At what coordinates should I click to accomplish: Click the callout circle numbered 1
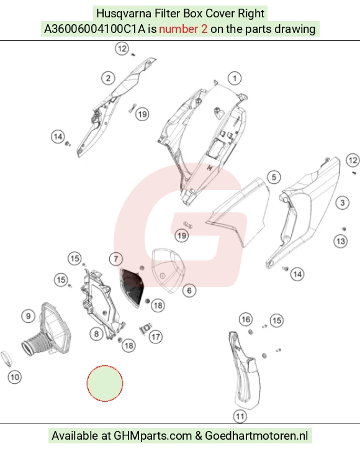[235, 78]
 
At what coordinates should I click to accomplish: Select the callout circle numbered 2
[108, 78]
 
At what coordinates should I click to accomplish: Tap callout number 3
[342, 202]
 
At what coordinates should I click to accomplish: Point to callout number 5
[274, 177]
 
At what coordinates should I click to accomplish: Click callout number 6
[189, 291]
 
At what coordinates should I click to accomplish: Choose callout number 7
[116, 259]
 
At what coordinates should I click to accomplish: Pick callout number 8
[96, 333]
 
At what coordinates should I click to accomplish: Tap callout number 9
[29, 316]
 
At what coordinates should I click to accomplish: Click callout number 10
[15, 377]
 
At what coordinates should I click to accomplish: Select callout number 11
[240, 416]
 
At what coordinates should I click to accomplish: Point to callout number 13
[341, 241]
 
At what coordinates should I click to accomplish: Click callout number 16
[246, 319]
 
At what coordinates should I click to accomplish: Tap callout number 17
[156, 337]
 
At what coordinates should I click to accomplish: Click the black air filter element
[132, 287]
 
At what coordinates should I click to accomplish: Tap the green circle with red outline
[105, 383]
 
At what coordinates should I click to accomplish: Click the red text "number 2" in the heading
[183, 29]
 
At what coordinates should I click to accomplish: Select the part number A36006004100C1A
[95, 29]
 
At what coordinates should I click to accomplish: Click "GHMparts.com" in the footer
[153, 435]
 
